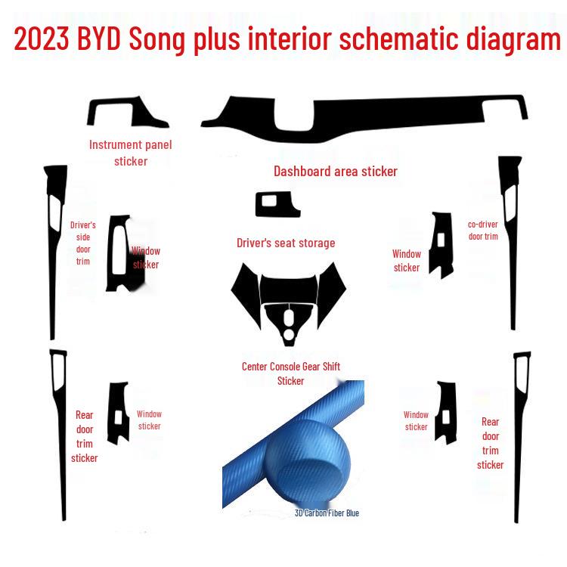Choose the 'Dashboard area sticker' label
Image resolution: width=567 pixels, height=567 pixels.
pyautogui.click(x=335, y=172)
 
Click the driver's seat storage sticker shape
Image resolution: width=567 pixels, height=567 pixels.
pyautogui.click(x=277, y=204)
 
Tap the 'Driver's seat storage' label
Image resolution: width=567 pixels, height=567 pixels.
pyautogui.click(x=286, y=243)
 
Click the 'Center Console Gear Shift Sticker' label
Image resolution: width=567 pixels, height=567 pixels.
pyautogui.click(x=291, y=373)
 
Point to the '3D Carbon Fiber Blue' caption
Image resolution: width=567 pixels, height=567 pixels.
pyautogui.click(x=327, y=513)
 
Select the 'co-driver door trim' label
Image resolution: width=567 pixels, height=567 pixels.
pyautogui.click(x=483, y=231)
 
